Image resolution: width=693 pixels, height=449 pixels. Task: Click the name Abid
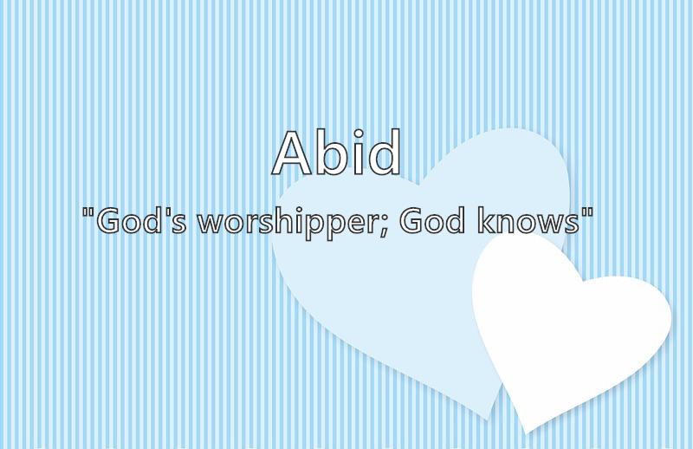[x=336, y=153]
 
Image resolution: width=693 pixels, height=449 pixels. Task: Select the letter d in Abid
[x=385, y=153]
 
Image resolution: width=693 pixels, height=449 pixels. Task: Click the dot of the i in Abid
[x=358, y=133]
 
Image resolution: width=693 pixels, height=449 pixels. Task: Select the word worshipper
[x=288, y=224]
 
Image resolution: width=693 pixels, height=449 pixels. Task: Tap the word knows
[x=528, y=221]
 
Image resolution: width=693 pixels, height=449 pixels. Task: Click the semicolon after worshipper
[x=384, y=226]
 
